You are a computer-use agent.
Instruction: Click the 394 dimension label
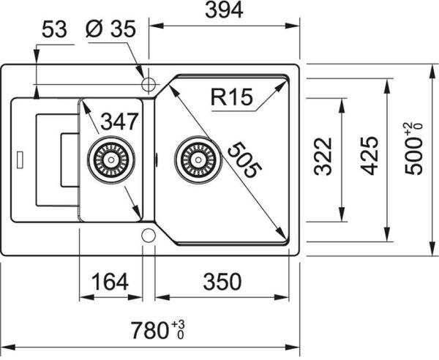(x=223, y=10)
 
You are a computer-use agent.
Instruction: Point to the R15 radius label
(x=231, y=96)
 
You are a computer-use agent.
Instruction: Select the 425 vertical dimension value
(x=369, y=156)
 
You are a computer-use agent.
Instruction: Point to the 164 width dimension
(x=110, y=281)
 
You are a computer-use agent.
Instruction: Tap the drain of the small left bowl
(x=110, y=158)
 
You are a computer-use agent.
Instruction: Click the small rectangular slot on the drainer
(x=19, y=157)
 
